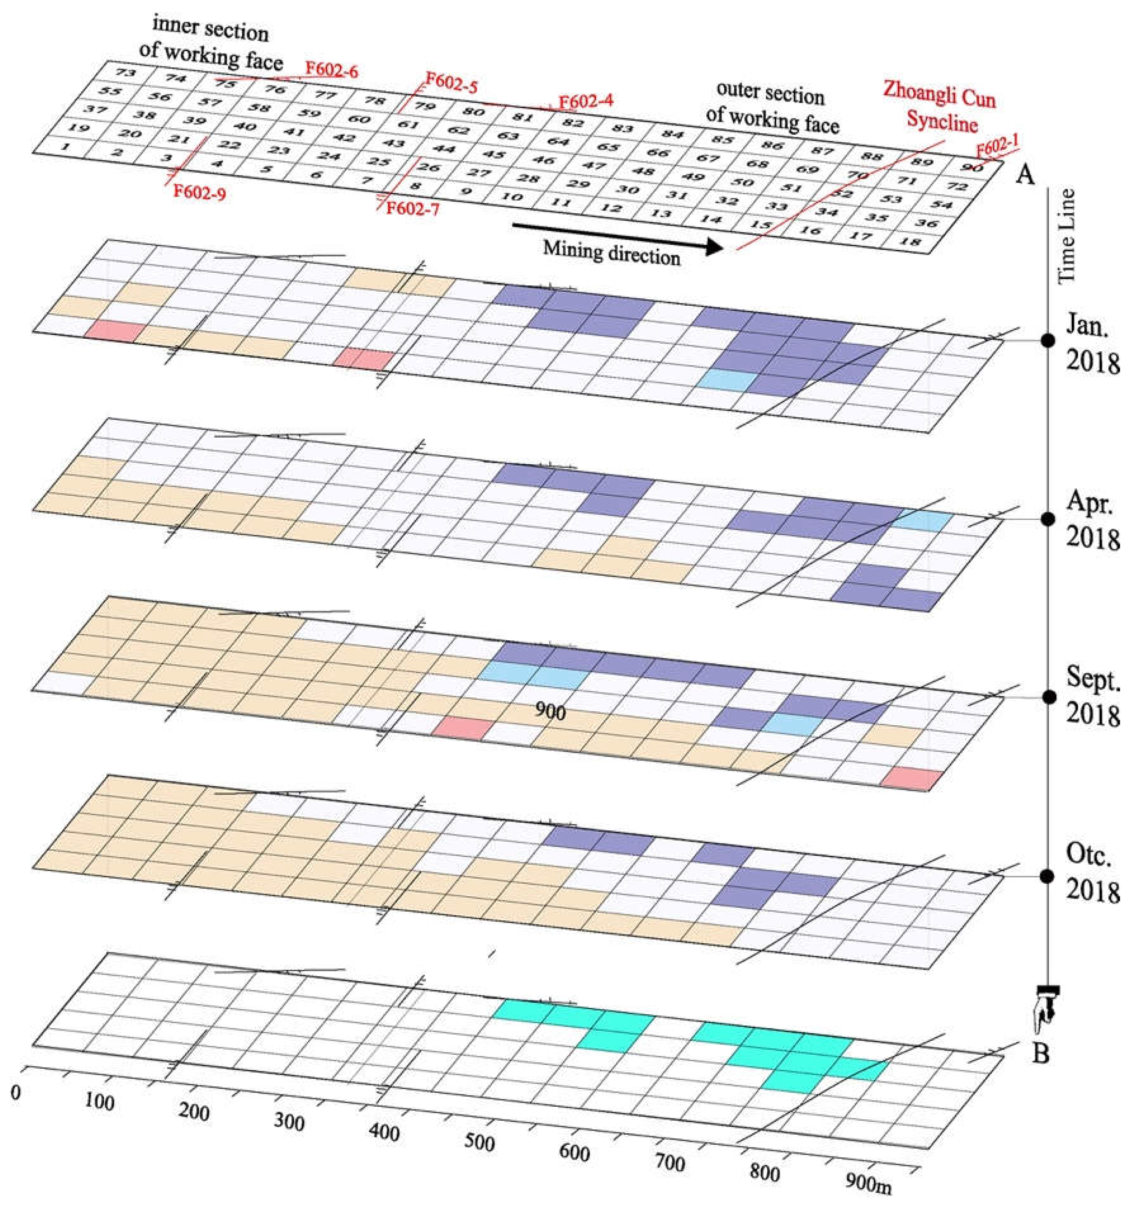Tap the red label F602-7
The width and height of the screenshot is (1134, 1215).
click(413, 209)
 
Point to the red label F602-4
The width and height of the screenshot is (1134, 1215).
click(586, 101)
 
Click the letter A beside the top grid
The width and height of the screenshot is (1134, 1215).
click(1025, 176)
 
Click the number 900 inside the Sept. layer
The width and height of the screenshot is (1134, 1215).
click(550, 711)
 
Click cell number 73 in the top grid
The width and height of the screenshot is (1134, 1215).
click(125, 72)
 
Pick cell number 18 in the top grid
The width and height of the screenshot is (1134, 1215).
click(910, 242)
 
